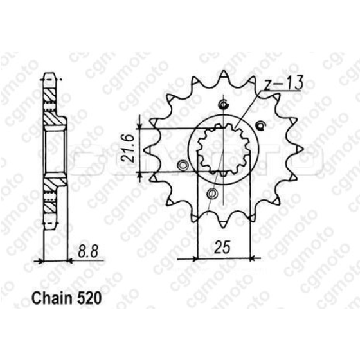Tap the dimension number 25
pos(223,248)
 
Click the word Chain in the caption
pos(49,300)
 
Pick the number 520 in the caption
pos(86,300)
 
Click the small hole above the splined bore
pos(222,105)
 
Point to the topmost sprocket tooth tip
pos(221,73)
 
